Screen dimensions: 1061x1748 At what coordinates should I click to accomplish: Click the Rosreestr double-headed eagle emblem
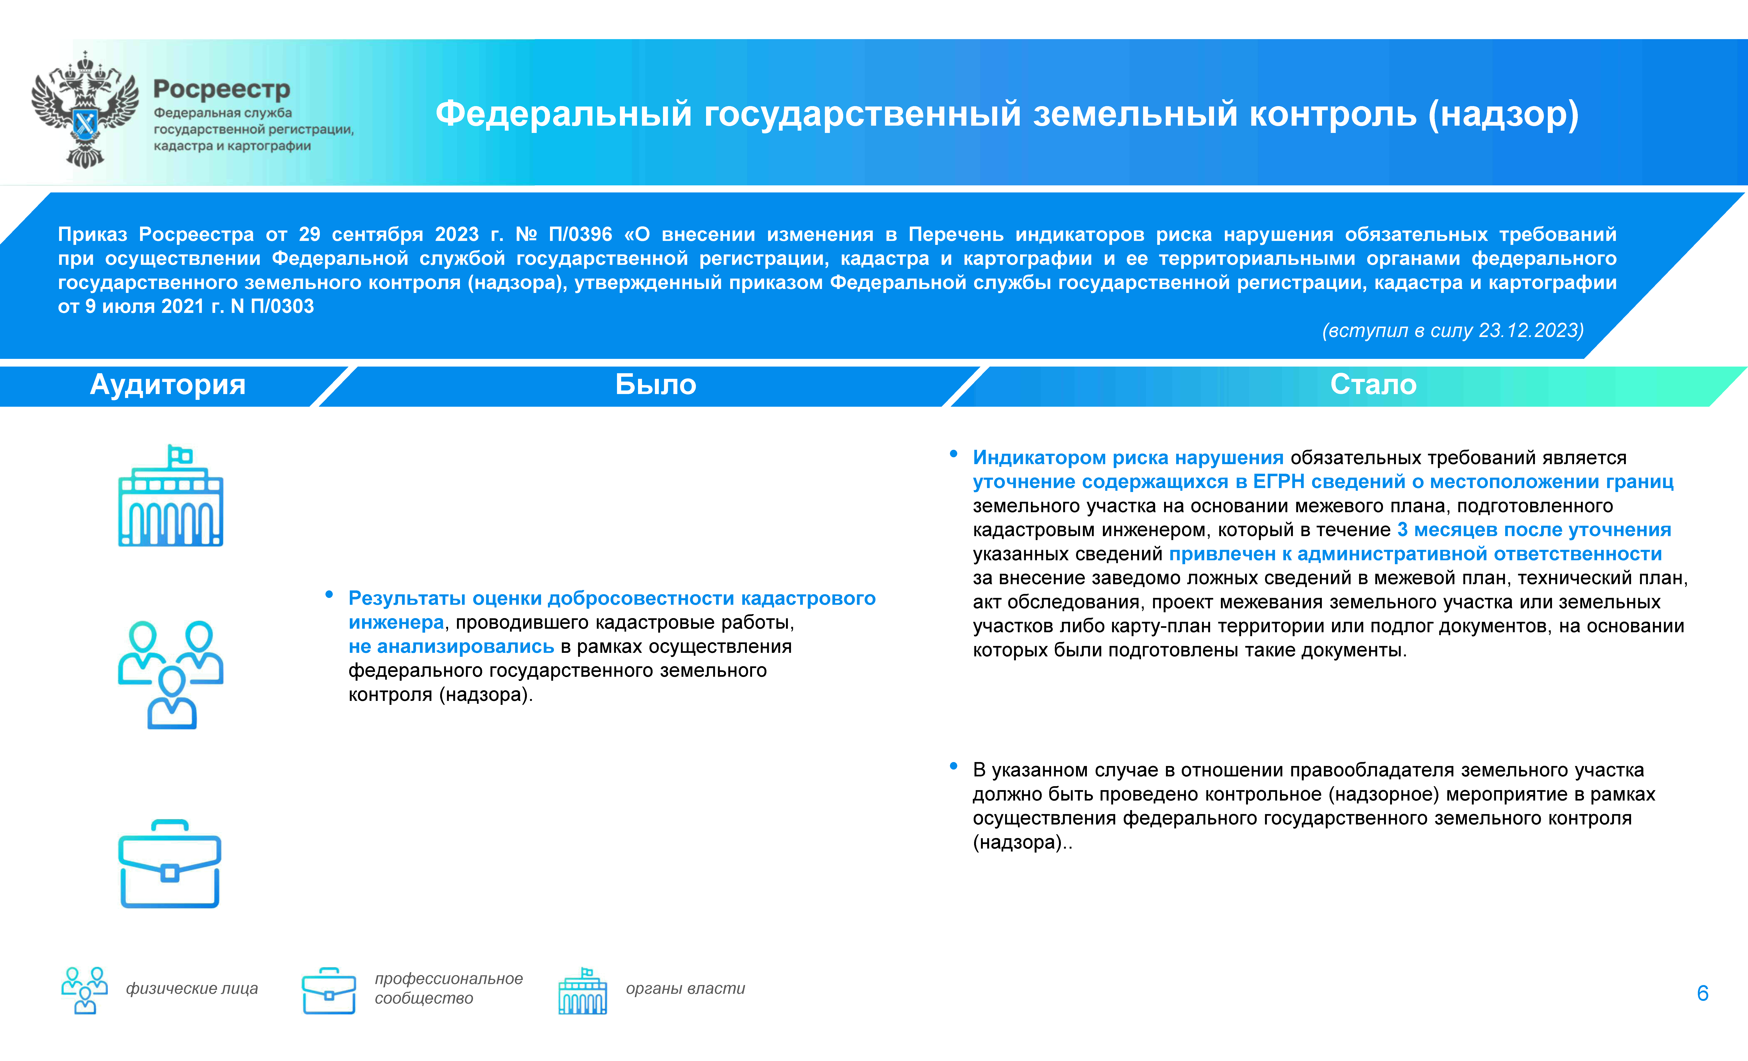coord(85,110)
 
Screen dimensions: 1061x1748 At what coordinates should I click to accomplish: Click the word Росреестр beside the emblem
coord(221,89)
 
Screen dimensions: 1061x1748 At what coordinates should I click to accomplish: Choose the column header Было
coord(655,384)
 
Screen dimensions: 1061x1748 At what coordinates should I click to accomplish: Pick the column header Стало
coord(1373,384)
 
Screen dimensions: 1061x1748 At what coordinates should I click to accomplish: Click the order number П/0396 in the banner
coord(580,234)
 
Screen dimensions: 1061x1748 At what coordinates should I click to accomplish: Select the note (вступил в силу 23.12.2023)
coord(1452,331)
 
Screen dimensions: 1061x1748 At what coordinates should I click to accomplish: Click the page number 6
coord(1702,993)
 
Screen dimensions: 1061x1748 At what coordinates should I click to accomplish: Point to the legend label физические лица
coord(191,989)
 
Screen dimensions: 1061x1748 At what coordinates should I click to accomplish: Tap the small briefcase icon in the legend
coord(328,991)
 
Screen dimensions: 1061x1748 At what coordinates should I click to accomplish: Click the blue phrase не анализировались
coord(451,647)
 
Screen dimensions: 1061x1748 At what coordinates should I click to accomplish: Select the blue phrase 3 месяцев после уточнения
coord(1534,530)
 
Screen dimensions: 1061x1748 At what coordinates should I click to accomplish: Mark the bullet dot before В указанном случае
coord(953,766)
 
